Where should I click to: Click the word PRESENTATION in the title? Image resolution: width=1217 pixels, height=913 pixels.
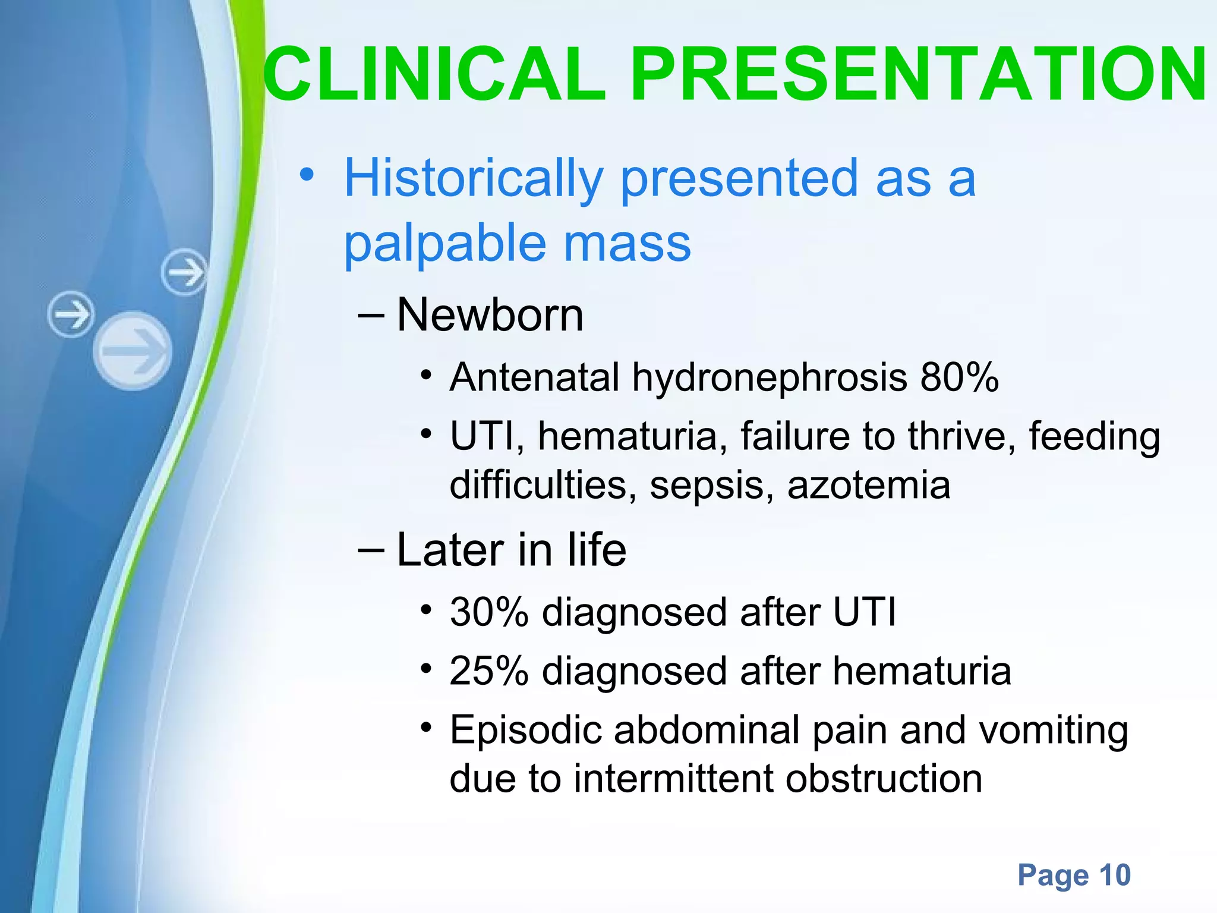918,75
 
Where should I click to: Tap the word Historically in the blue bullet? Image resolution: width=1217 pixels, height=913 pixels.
474,179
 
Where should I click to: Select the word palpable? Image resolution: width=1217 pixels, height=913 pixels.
445,244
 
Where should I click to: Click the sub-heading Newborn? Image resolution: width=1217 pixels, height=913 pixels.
490,315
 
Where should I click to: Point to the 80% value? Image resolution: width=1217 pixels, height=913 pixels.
959,377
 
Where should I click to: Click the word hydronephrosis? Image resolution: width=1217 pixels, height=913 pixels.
769,377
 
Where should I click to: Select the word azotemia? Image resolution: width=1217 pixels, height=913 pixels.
868,485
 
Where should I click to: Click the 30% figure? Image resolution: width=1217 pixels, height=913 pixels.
488,612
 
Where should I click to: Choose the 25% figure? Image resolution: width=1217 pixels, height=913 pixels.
488,671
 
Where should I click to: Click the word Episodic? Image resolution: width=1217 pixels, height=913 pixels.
525,731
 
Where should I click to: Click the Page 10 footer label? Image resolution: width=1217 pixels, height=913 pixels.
1074,875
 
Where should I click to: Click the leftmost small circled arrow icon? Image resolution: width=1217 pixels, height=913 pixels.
71,314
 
